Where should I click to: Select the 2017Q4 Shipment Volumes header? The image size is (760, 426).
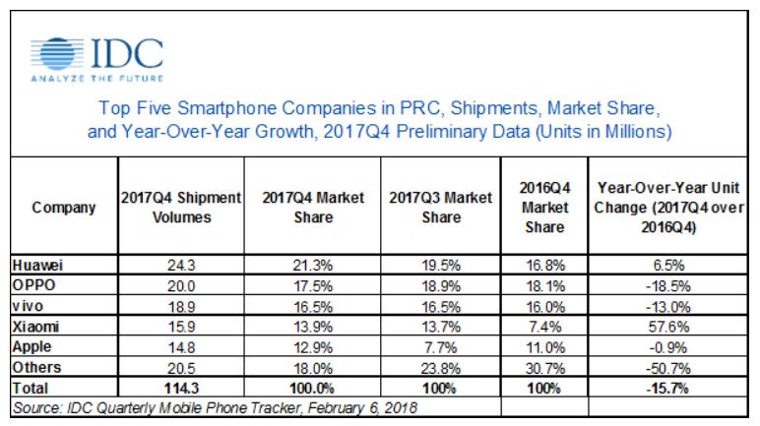coord(181,208)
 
